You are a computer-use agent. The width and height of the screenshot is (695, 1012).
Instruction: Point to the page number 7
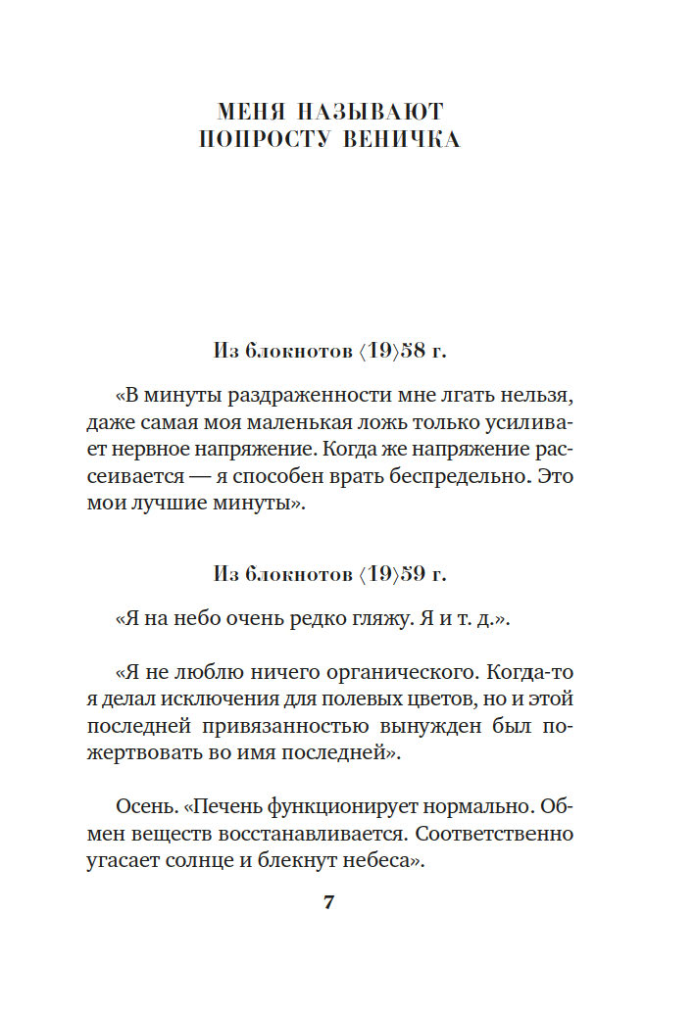pyautogui.click(x=329, y=902)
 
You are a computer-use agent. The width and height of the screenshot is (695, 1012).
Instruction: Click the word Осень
pyautogui.click(x=146, y=808)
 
